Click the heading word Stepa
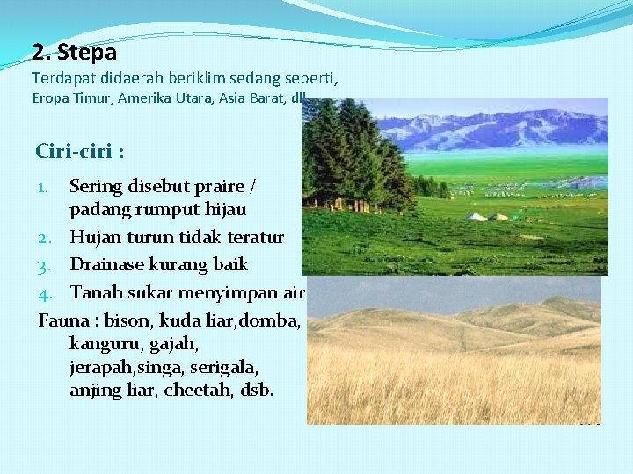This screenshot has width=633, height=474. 86,52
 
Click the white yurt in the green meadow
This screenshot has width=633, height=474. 477,217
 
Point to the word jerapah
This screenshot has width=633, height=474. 102,367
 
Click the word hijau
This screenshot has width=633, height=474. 224,210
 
